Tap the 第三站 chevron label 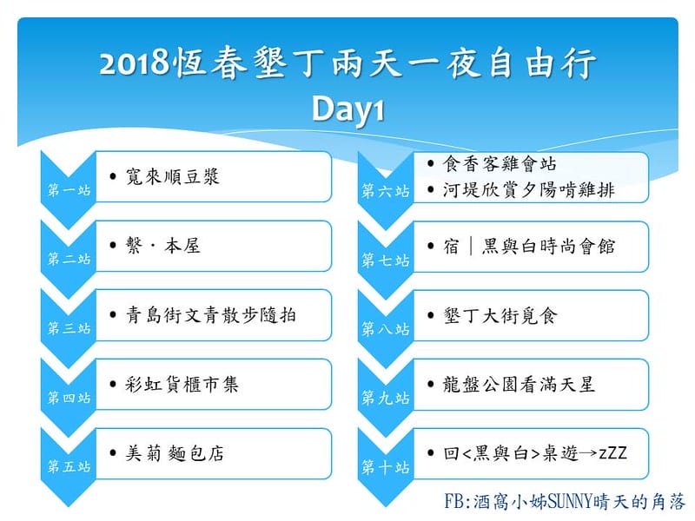[x=69, y=329]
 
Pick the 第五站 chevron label [x=69, y=467]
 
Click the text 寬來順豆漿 [x=172, y=177]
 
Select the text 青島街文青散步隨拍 [x=211, y=315]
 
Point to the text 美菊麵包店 [x=173, y=453]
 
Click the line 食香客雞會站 [x=499, y=163]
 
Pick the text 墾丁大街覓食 [x=499, y=315]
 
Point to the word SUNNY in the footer [x=568, y=501]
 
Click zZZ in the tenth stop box [x=612, y=453]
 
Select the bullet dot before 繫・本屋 [x=115, y=247]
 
